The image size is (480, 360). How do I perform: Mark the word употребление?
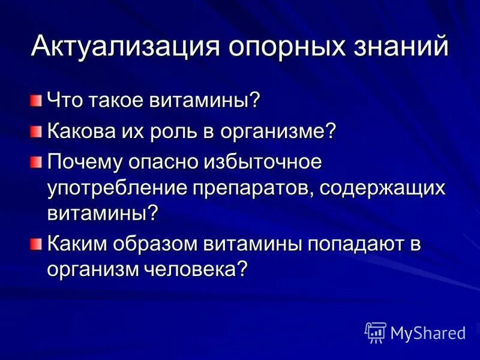tap(116, 188)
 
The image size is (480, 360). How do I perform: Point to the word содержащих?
tap(382, 188)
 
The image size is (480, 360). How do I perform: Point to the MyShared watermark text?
tap(428, 331)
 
